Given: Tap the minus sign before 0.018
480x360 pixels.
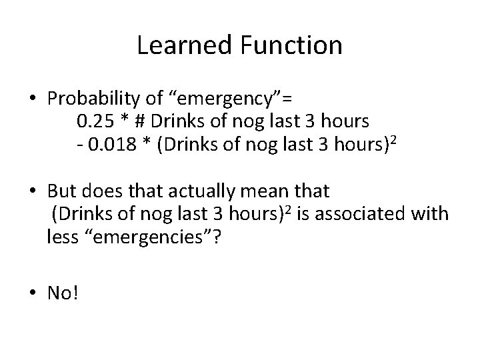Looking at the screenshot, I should click(79, 146).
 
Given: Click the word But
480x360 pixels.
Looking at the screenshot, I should click(61, 193).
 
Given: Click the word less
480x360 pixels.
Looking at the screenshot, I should click(62, 238).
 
